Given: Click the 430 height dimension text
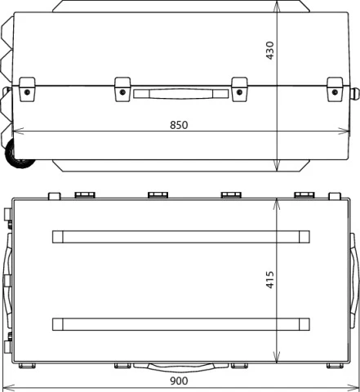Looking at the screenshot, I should (270, 50).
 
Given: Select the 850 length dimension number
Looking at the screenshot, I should (179, 125).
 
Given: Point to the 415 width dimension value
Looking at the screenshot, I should (270, 279).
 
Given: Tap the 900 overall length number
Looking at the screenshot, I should (179, 381).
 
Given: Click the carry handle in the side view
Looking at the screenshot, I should (180, 94).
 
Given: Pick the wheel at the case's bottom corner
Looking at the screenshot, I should (19, 158).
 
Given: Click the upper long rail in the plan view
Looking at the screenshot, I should (181, 237).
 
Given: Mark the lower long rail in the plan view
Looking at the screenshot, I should (181, 323).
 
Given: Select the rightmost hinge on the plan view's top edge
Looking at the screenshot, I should (304, 194).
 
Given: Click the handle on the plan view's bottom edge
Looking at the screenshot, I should (180, 365).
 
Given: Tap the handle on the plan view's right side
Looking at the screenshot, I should (355, 279).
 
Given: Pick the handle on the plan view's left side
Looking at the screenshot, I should (6, 279).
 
